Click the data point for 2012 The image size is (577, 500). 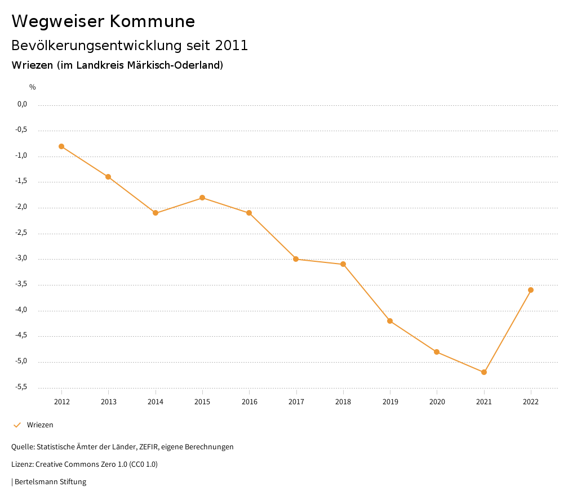[61, 146]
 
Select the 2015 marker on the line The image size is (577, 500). [202, 198]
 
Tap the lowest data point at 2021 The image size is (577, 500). [484, 372]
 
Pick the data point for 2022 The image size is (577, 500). [531, 290]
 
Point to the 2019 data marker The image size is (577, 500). [390, 321]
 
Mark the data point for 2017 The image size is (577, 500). [296, 259]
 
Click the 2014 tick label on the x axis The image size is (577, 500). [156, 401]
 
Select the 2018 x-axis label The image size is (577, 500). [343, 401]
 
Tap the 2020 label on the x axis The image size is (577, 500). [437, 401]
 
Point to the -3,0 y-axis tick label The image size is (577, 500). [22, 258]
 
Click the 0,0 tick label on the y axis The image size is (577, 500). [23, 104]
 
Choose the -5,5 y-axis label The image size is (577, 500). [22, 387]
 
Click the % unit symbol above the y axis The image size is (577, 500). [33, 87]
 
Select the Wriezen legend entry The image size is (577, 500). [40, 425]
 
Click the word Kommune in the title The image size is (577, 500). [152, 21]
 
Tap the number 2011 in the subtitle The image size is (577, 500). [232, 46]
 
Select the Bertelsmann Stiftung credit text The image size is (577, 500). [51, 481]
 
